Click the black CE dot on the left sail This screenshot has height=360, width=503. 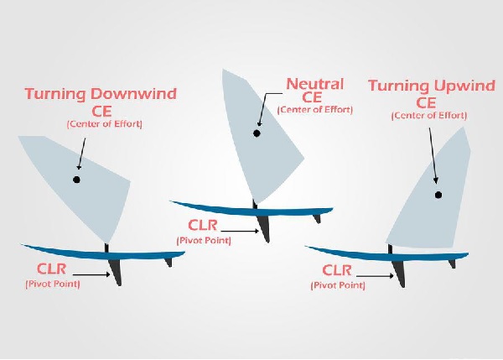[x=76, y=180]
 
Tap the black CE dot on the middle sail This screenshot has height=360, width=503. [x=257, y=133]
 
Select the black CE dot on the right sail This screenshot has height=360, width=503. [x=438, y=195]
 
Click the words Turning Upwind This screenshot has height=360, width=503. [x=426, y=86]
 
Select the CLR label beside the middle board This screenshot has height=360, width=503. [x=205, y=225]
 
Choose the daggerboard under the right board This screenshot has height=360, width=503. [x=400, y=270]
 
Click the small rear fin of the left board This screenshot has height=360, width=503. [x=169, y=262]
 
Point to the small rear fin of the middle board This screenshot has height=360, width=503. [x=316, y=217]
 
